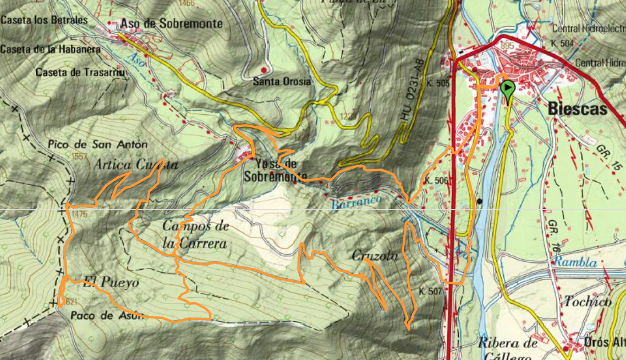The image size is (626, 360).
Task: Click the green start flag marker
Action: tap(507, 90)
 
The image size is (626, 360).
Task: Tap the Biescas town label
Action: tap(577, 110)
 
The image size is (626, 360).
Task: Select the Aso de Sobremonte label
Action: tap(171, 24)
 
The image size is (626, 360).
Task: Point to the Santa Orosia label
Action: tap(283, 82)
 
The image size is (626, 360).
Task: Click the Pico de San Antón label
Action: tap(98, 145)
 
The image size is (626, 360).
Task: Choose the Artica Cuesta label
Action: tap(137, 165)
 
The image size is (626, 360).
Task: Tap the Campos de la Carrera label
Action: tap(196, 235)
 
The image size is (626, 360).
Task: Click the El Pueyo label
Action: tap(111, 282)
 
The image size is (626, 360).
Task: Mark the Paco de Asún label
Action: tap(99, 315)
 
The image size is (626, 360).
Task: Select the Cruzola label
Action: tap(375, 256)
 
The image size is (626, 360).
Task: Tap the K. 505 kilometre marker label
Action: tap(438, 83)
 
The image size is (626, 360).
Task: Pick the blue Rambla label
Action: tap(575, 263)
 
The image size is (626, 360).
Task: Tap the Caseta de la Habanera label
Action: tap(50, 50)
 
